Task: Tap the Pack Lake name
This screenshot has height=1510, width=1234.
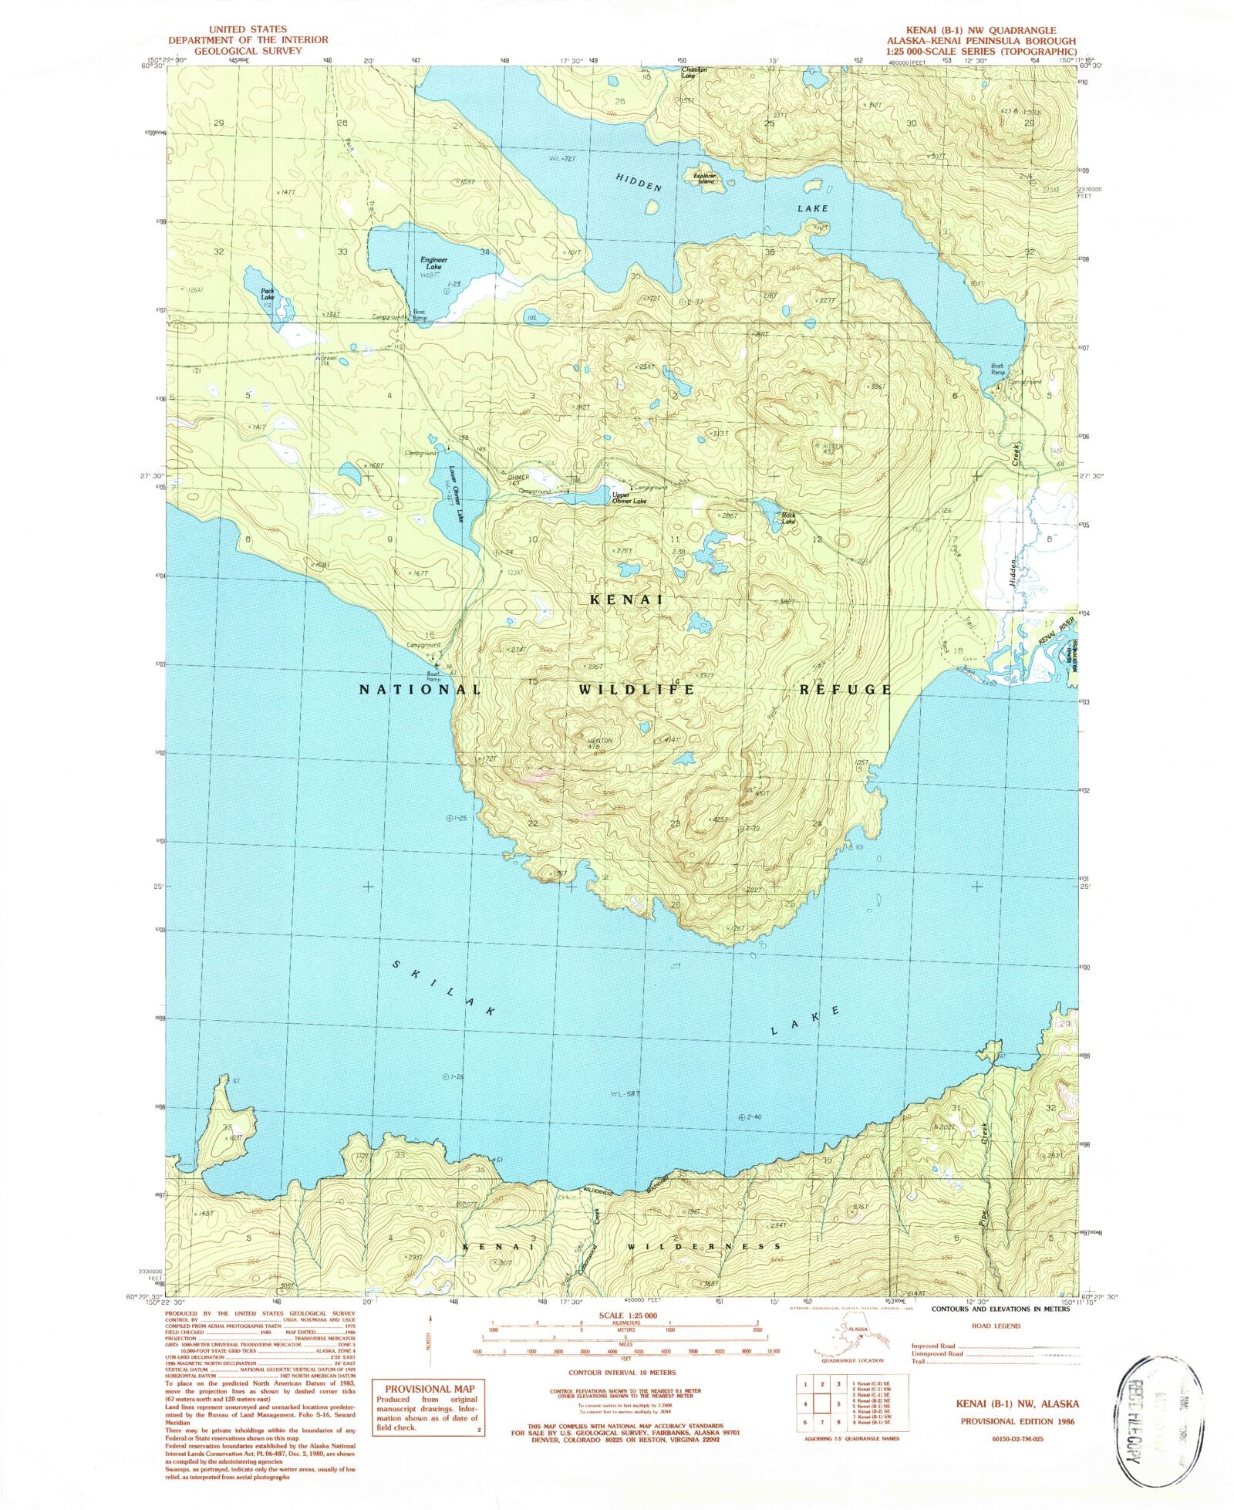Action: (x=267, y=294)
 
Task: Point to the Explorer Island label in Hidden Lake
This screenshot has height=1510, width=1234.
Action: (x=705, y=178)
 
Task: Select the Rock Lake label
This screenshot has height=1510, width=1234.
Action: (x=787, y=518)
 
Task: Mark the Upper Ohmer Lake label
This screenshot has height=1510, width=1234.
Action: (x=629, y=498)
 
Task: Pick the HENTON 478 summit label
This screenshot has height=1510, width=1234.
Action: (x=599, y=743)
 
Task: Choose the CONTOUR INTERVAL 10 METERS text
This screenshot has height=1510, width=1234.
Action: (x=622, y=1373)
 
